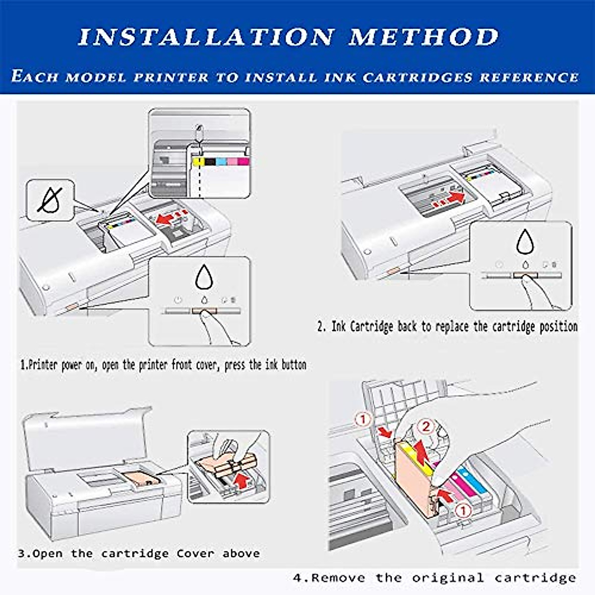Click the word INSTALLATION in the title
point(206,38)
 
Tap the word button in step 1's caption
point(294,365)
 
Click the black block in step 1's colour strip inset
point(210,162)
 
